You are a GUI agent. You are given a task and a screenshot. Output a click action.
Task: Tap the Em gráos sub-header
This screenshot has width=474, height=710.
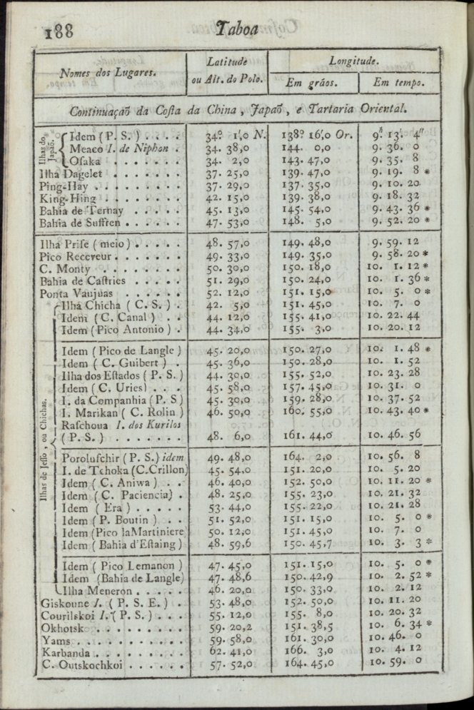pos(312,83)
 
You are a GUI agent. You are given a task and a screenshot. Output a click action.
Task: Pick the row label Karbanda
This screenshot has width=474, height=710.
pos(66,653)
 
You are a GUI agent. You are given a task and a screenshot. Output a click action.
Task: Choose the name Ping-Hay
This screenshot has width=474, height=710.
pos(64,185)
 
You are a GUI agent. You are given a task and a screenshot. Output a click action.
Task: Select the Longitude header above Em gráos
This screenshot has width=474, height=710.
pos(354,61)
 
